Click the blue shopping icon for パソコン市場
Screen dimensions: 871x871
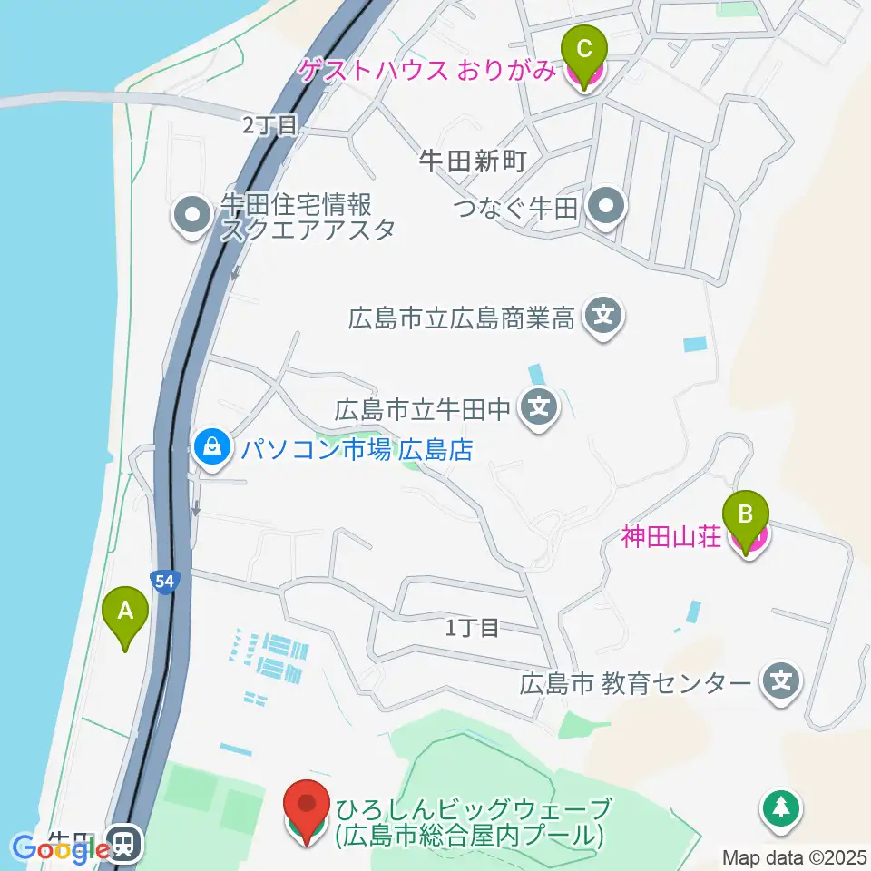pyautogui.click(x=211, y=447)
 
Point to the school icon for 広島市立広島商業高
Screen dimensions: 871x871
pyautogui.click(x=604, y=318)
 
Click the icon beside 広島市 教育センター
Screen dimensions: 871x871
pyautogui.click(x=781, y=681)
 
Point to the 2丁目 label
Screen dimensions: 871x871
pyautogui.click(x=270, y=125)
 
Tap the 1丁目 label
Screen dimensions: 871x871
pyautogui.click(x=473, y=626)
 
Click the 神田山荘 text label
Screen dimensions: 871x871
pyautogui.click(x=671, y=537)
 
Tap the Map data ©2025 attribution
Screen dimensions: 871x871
pyautogui.click(x=793, y=856)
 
